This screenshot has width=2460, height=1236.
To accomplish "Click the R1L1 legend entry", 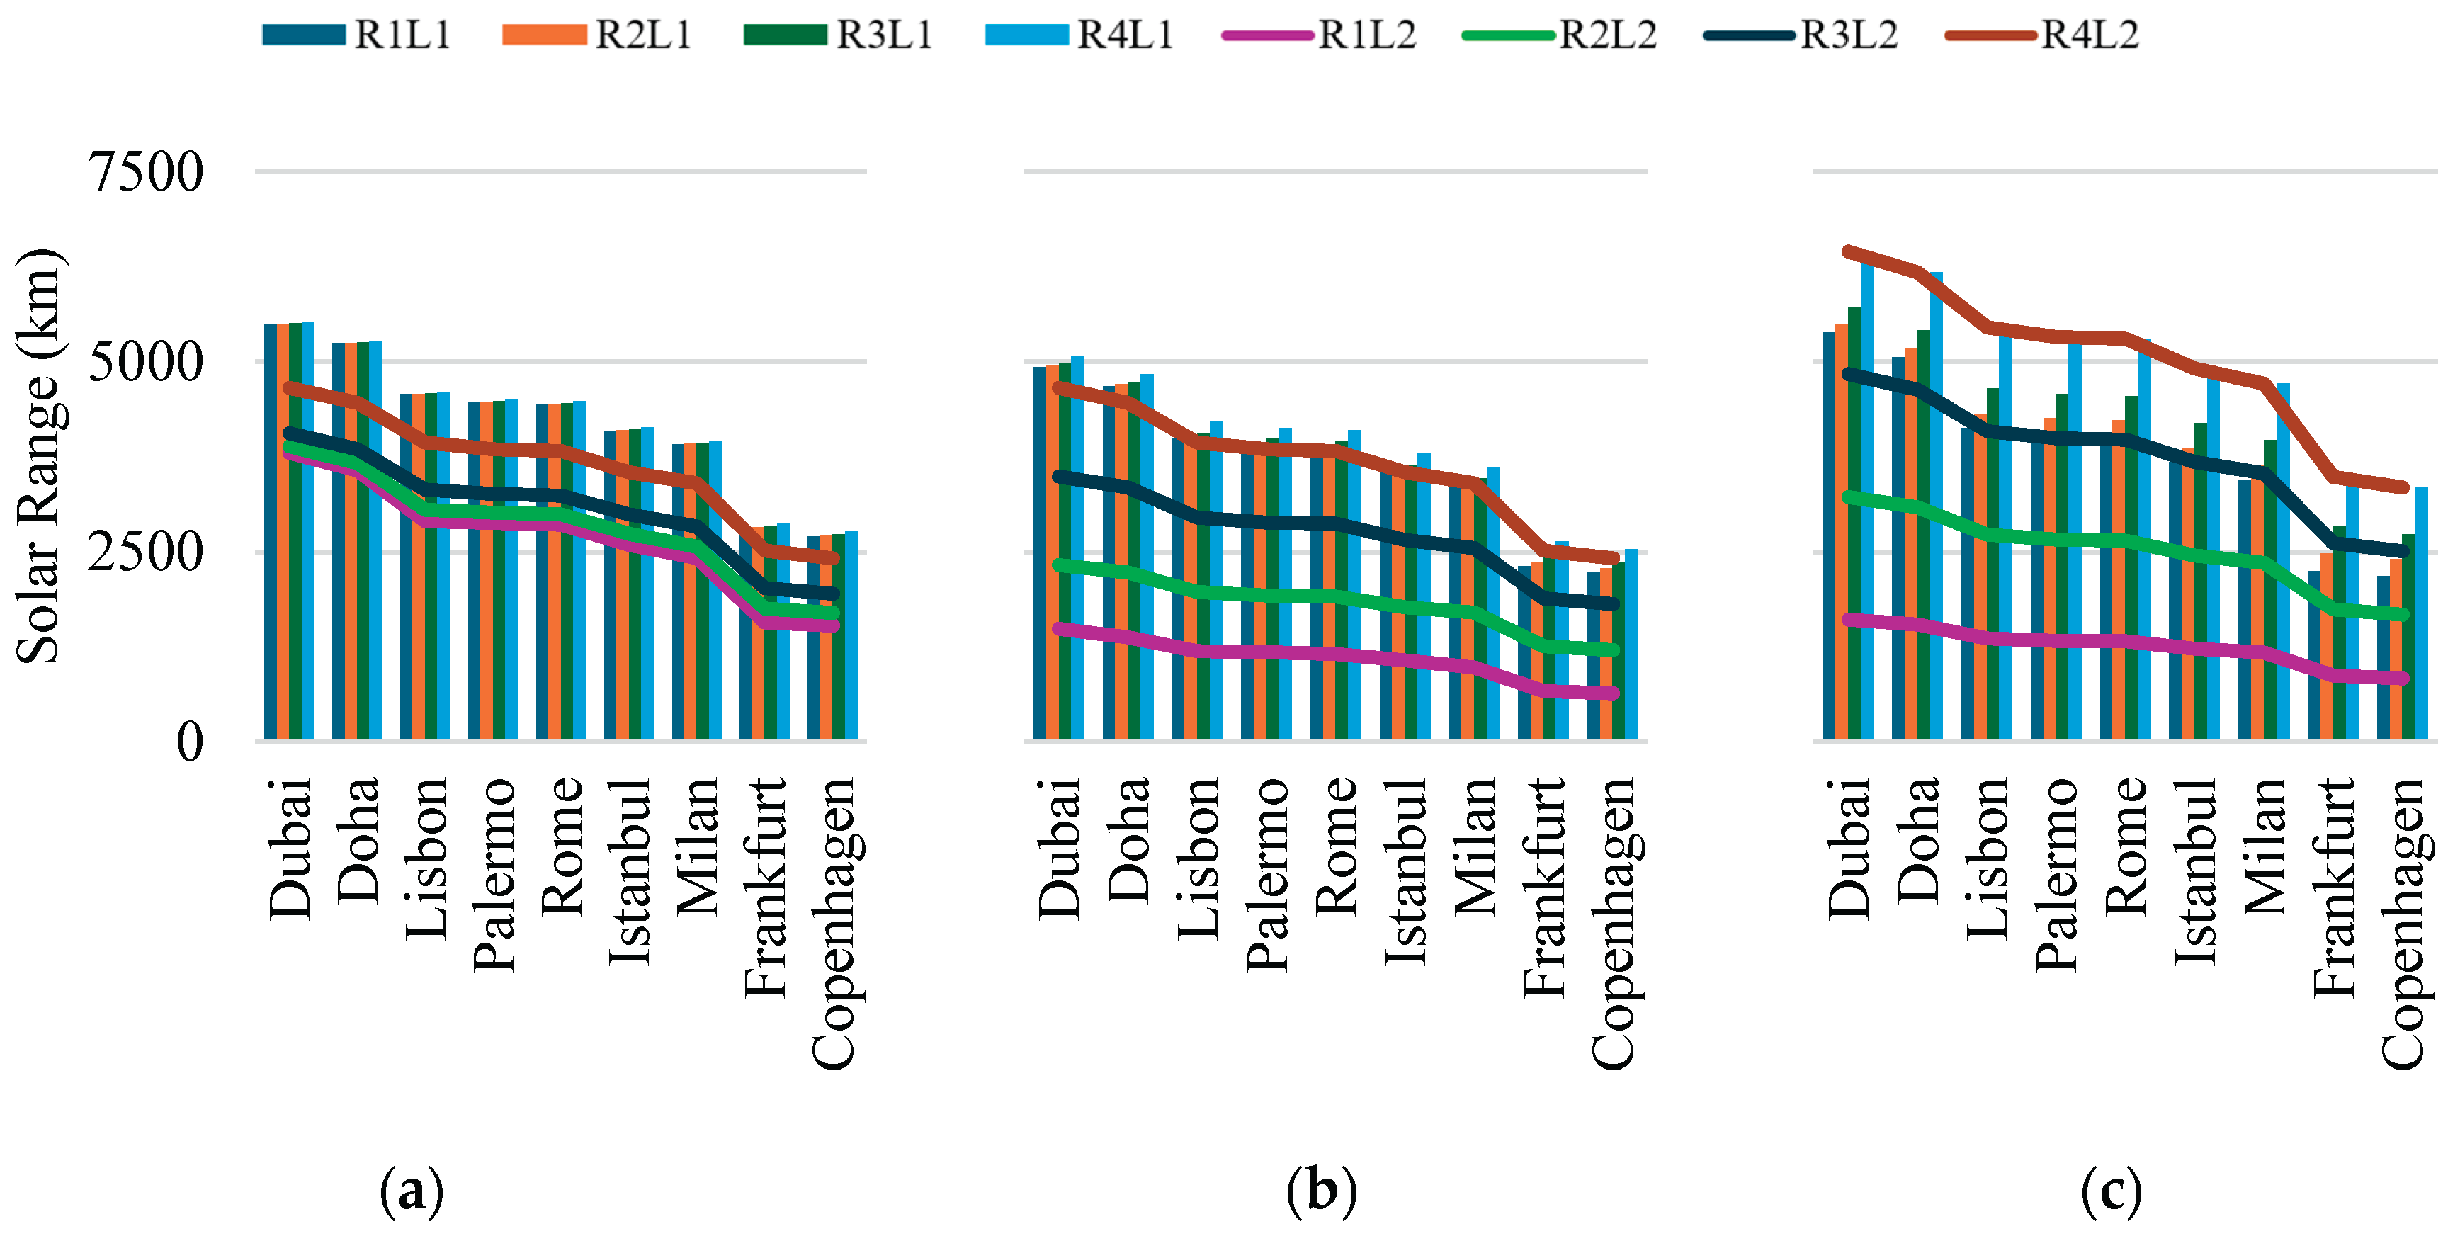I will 356,35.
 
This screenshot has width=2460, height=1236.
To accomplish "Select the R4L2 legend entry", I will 2043,35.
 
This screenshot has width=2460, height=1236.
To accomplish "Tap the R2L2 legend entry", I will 1560,35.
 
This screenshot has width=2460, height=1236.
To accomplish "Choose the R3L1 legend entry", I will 837,35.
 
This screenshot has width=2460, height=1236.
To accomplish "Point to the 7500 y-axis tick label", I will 145,173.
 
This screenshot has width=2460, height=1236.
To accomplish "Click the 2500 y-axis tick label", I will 145,552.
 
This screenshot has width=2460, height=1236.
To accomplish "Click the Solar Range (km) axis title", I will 39,457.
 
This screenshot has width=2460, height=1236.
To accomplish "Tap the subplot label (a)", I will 412,1191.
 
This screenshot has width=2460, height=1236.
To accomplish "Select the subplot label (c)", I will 2111,1191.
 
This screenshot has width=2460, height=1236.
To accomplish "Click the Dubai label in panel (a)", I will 290,849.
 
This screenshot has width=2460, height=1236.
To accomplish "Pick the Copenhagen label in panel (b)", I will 1613,924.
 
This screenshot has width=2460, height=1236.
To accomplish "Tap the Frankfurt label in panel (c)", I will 2334,888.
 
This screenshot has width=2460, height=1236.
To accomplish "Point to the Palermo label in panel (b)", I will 1267,875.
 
